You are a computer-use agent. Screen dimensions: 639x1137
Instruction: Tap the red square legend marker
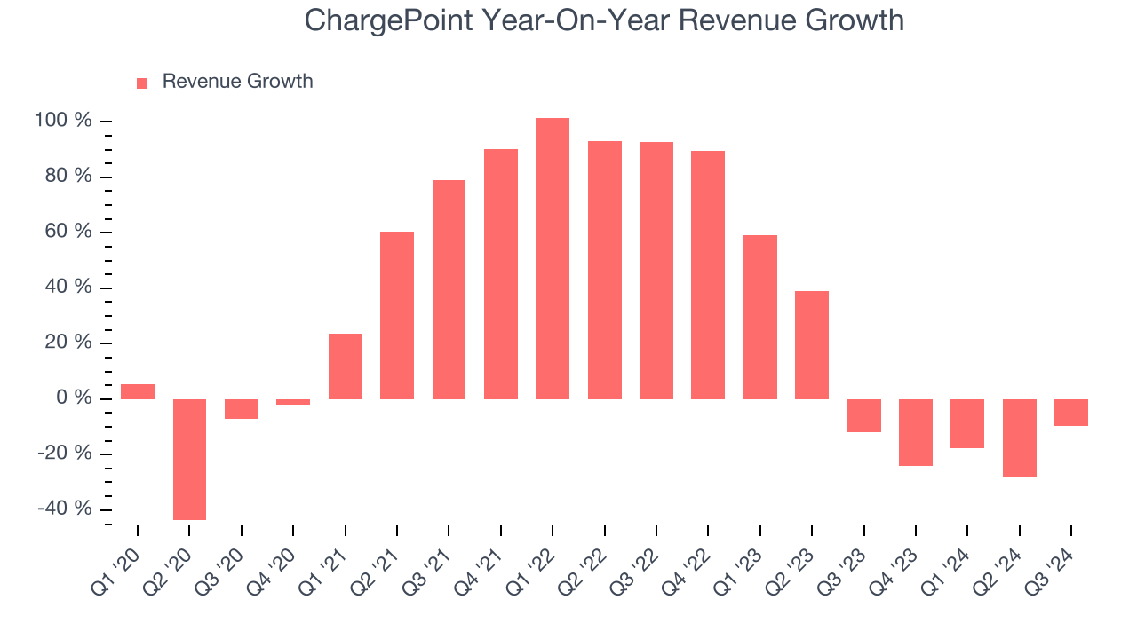[x=142, y=83]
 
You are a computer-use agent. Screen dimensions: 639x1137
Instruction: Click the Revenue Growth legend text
[x=237, y=82]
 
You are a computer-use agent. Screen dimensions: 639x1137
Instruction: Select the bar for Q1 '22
[x=553, y=258]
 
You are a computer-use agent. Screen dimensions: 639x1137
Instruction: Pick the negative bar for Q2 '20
[x=189, y=459]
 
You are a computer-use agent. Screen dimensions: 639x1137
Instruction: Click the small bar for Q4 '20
[x=293, y=402]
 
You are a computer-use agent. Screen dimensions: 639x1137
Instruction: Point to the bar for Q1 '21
[x=346, y=367]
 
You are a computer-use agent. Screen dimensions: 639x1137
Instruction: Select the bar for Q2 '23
[x=812, y=345]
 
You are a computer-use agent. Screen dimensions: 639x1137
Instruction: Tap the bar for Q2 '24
[x=1019, y=438]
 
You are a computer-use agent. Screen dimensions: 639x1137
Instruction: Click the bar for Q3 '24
[x=1071, y=413]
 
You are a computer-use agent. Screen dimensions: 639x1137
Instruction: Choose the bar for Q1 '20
[x=138, y=391]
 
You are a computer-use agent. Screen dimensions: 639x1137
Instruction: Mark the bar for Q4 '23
[x=916, y=432]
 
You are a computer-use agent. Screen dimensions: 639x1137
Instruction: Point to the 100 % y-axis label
[x=63, y=121]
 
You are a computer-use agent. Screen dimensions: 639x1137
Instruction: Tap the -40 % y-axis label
[x=65, y=509]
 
